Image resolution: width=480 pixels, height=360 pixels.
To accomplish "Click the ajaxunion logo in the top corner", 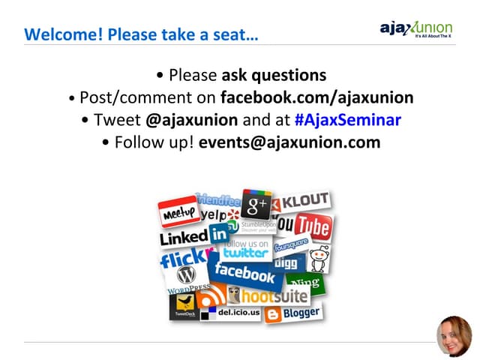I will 416,30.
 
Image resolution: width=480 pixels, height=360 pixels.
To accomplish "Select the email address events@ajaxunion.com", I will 289,142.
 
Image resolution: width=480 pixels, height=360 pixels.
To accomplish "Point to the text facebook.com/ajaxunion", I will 317,97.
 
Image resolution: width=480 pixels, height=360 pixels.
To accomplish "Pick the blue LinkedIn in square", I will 219,234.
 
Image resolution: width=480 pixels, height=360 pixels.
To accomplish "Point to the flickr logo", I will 182,259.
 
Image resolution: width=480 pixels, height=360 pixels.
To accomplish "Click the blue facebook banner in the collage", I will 245,272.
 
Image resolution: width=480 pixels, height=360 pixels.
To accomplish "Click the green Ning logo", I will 307,283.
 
